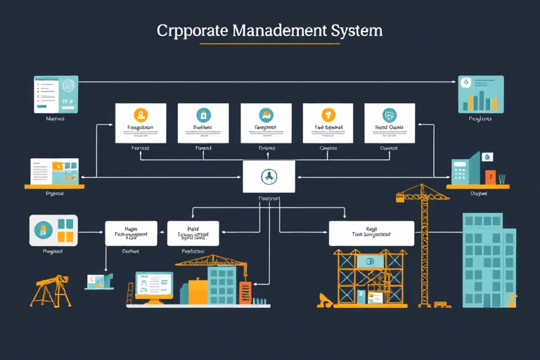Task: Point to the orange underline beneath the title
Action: [270, 44]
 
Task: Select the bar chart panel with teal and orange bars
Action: [481, 94]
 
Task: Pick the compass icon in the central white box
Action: [269, 176]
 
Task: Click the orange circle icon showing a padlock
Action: [141, 115]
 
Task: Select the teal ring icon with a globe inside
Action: [389, 115]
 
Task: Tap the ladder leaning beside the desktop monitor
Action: [130, 293]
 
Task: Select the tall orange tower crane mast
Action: [424, 253]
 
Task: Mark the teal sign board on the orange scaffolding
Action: [371, 262]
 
